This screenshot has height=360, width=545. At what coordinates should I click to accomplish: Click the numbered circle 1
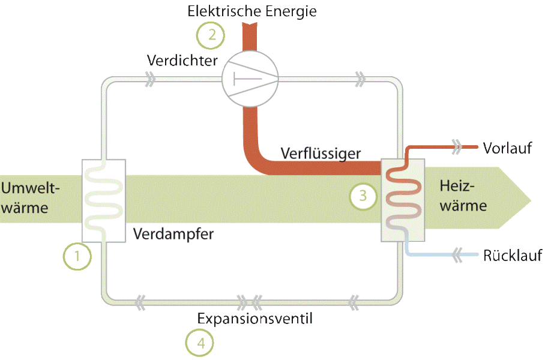(77, 256)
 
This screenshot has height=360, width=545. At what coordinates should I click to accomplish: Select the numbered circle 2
(211, 35)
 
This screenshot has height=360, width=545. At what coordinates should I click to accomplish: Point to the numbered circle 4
(199, 343)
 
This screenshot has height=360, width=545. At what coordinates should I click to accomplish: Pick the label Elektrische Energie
(251, 11)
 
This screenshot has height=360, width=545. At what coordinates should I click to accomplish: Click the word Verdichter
(182, 60)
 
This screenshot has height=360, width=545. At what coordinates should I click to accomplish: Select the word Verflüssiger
(321, 154)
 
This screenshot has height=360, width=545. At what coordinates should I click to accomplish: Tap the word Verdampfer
(173, 233)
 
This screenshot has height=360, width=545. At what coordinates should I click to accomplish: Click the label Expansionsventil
(254, 318)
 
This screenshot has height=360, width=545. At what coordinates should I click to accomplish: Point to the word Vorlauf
(507, 148)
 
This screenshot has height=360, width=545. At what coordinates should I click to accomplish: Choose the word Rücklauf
(513, 256)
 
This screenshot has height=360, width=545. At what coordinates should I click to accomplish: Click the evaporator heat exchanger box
(103, 201)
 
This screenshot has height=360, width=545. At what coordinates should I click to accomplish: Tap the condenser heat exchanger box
(403, 201)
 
